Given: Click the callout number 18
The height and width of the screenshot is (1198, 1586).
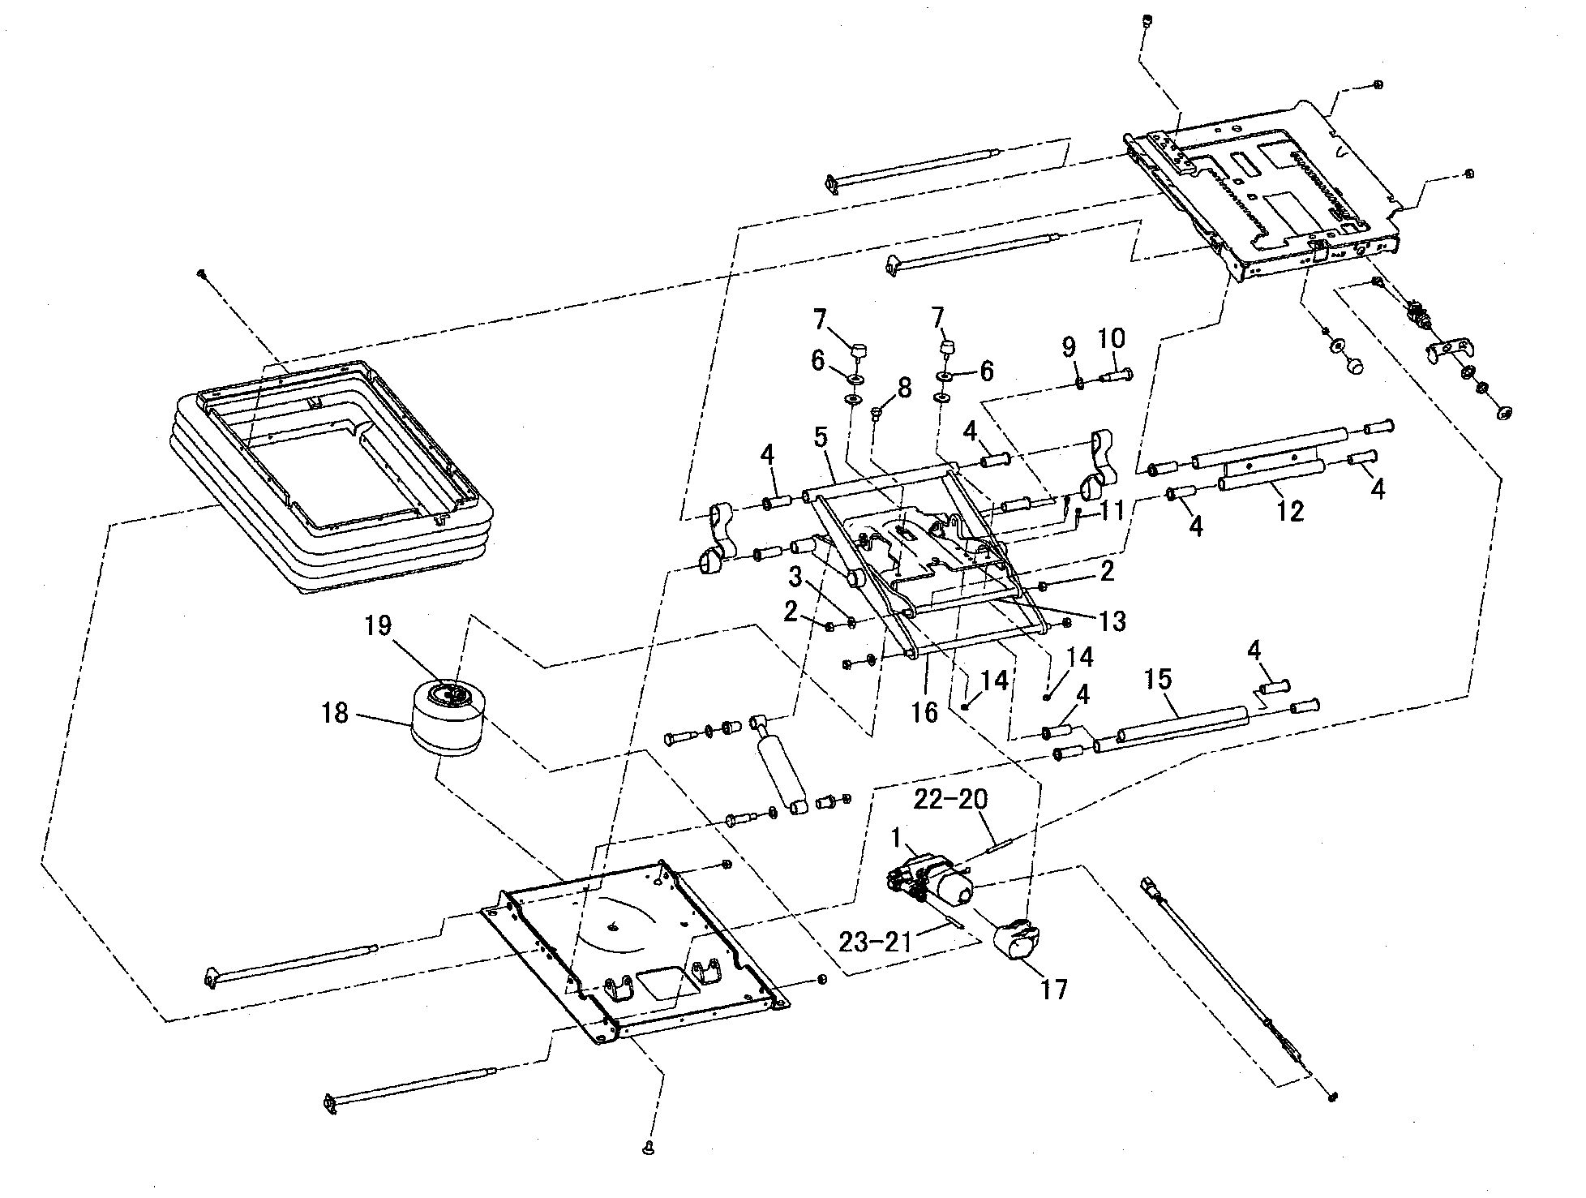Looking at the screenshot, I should point(335,713).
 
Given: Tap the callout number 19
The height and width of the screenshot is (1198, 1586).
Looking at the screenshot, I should point(378,625).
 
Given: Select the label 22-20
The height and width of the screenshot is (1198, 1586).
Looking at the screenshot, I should point(950,800).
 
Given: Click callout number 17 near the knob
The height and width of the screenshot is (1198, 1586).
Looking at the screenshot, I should point(1054,990).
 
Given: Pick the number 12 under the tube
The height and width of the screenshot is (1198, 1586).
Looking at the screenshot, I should point(1290,511).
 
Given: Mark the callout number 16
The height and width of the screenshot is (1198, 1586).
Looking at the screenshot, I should point(924,712).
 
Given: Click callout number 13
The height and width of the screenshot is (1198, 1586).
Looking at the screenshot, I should point(1112,620).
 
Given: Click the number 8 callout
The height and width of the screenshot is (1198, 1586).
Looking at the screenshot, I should point(903,387).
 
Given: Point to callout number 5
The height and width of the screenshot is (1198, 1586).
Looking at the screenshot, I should point(821,438).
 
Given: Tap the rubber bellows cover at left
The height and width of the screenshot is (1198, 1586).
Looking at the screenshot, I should point(332,479).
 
